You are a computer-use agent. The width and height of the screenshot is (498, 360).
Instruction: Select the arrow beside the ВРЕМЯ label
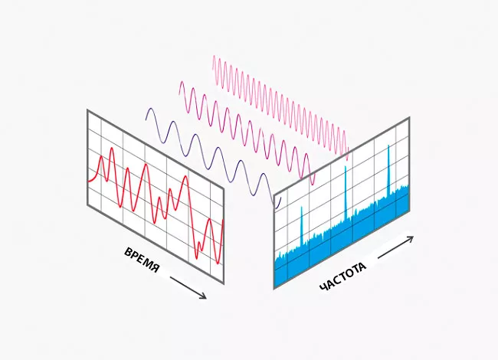(188, 288)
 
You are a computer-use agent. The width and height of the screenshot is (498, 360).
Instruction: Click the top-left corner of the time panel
(87, 110)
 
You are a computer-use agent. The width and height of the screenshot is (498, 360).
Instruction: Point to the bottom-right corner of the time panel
(224, 283)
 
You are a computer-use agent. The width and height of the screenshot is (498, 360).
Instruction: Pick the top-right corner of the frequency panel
(409, 118)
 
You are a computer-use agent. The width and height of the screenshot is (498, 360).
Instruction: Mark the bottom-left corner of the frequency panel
(274, 289)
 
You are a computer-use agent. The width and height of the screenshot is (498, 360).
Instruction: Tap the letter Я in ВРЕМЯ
(156, 270)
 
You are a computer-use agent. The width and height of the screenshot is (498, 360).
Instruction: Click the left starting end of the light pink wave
(213, 57)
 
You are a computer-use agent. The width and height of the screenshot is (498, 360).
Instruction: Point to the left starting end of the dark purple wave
(146, 109)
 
